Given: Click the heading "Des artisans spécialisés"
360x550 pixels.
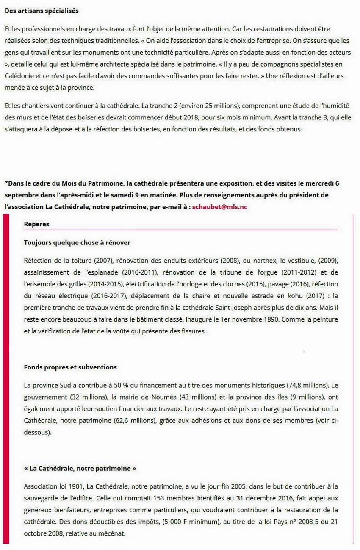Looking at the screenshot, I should point(42,11).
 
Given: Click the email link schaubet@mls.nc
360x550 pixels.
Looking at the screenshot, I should point(219,207).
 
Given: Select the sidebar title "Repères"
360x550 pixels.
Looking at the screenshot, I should point(36,224).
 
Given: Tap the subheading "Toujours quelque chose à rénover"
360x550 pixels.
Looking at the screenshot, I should point(77,243).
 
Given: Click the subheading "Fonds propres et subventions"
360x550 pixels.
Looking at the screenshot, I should point(70,367).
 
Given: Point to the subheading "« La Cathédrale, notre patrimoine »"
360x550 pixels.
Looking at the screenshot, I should point(80,469).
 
